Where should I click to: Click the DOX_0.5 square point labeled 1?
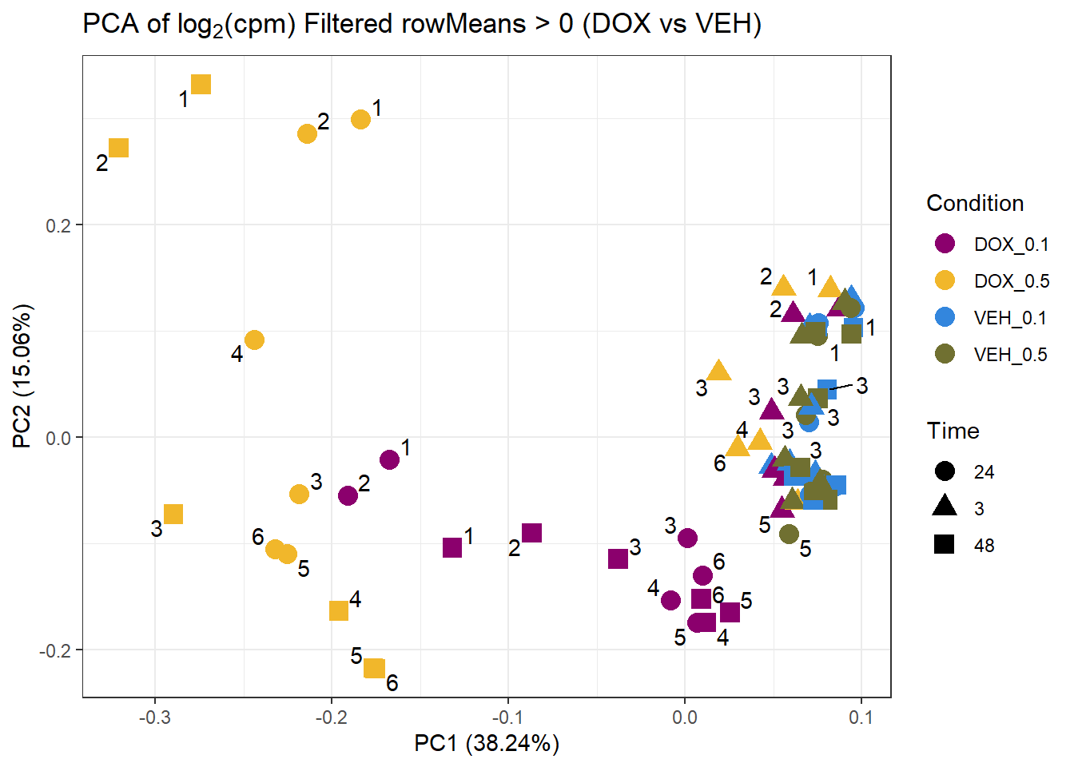tap(201, 84)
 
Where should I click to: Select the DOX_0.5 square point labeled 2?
tap(118, 148)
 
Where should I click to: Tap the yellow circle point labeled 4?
tap(254, 340)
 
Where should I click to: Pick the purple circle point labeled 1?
tap(389, 459)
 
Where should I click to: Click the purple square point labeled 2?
tap(531, 533)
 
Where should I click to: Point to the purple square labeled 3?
tap(618, 558)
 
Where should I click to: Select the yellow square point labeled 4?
tap(339, 610)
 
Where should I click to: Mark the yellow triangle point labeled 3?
tap(719, 371)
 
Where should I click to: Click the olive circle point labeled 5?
tap(789, 534)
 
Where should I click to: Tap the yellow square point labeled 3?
tap(173, 514)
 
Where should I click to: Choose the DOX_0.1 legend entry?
tap(991, 244)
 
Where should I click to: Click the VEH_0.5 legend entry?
tap(991, 355)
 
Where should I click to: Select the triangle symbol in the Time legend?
tap(945, 507)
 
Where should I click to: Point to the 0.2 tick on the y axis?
tap(58, 225)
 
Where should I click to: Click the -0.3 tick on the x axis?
tap(154, 717)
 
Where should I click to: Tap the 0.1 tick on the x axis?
tap(861, 717)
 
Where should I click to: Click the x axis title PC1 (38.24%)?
tap(486, 744)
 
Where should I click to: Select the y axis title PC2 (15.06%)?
tap(22, 376)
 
